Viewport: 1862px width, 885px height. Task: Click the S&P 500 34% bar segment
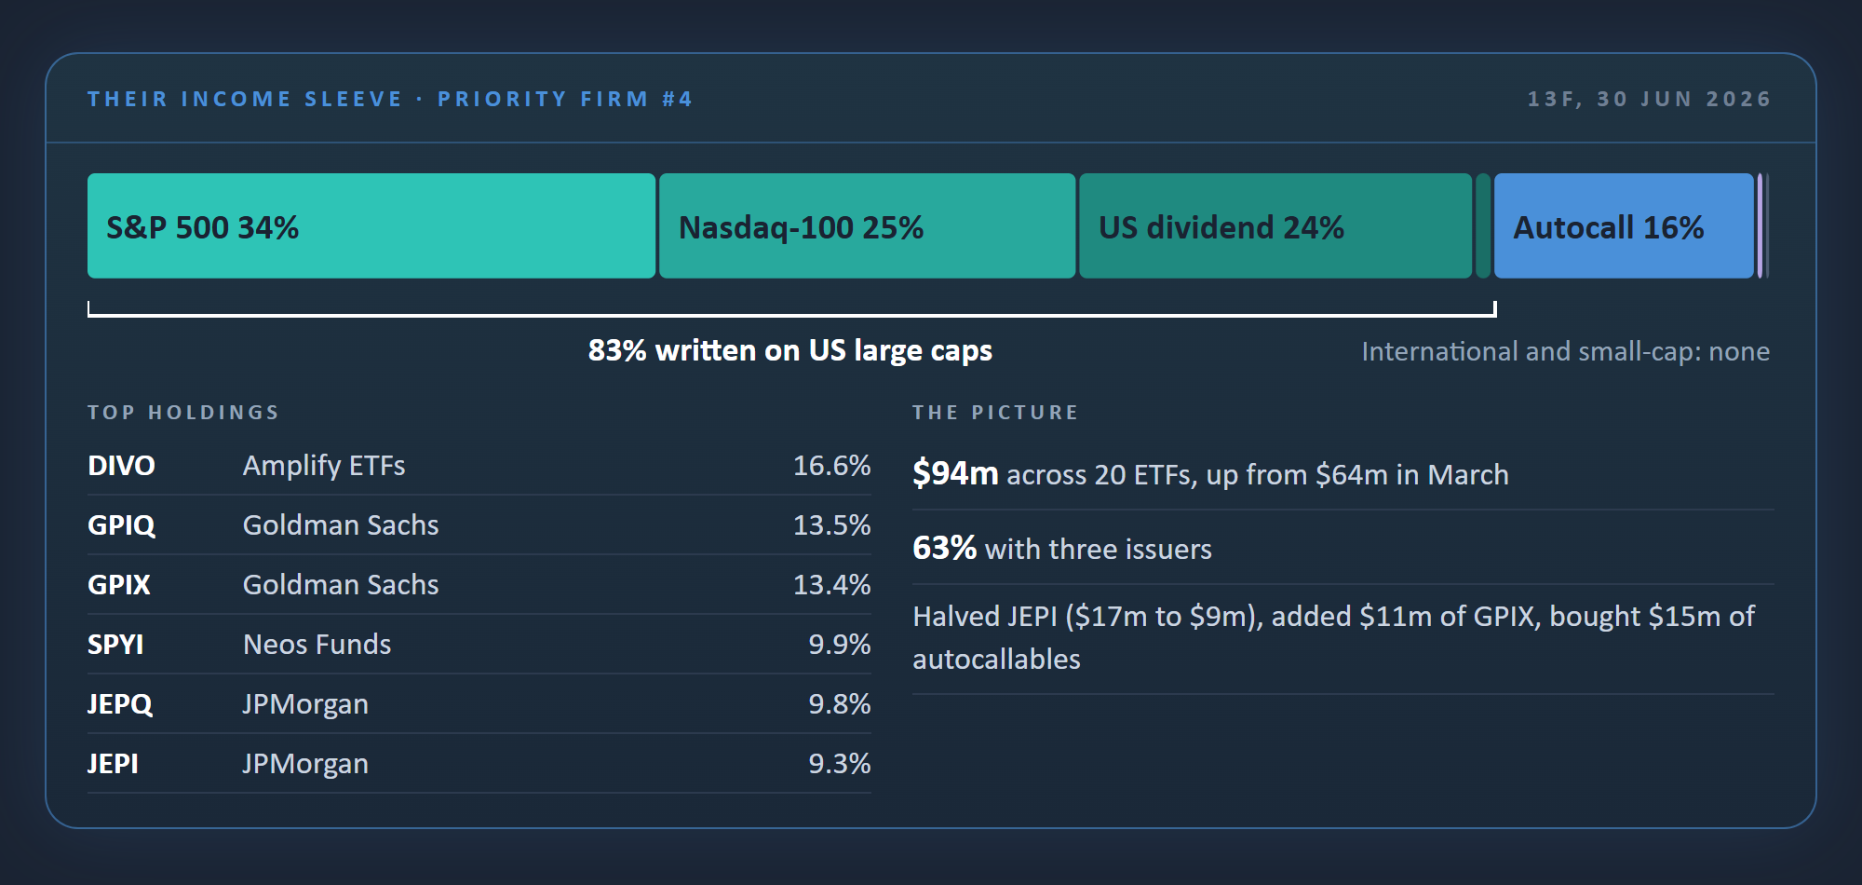(x=371, y=225)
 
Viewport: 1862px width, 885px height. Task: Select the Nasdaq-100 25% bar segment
(x=868, y=225)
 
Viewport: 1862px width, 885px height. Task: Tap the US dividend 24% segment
(x=1275, y=225)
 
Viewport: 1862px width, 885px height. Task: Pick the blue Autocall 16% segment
(x=1624, y=225)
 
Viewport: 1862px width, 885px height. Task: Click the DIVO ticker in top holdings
(x=121, y=466)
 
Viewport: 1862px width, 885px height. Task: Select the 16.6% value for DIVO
(x=831, y=466)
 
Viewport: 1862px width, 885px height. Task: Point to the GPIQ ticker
(x=121, y=525)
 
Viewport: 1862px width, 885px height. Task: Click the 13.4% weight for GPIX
(x=831, y=585)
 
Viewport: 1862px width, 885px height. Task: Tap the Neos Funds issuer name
(x=317, y=645)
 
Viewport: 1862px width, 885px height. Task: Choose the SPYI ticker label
(x=115, y=645)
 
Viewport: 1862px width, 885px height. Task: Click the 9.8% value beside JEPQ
(x=839, y=704)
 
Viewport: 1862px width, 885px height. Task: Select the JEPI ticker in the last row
(x=113, y=764)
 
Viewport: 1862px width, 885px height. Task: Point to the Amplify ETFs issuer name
(x=324, y=466)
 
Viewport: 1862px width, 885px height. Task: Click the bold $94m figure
(x=955, y=473)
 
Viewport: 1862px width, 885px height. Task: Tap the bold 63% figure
(x=944, y=548)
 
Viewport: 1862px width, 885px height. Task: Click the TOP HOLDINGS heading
(x=183, y=413)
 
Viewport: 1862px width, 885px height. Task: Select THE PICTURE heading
(x=995, y=413)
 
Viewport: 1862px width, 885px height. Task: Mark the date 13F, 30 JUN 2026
(x=1649, y=99)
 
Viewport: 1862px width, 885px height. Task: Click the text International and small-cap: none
(x=1565, y=351)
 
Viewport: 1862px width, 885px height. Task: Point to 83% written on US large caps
(x=790, y=350)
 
